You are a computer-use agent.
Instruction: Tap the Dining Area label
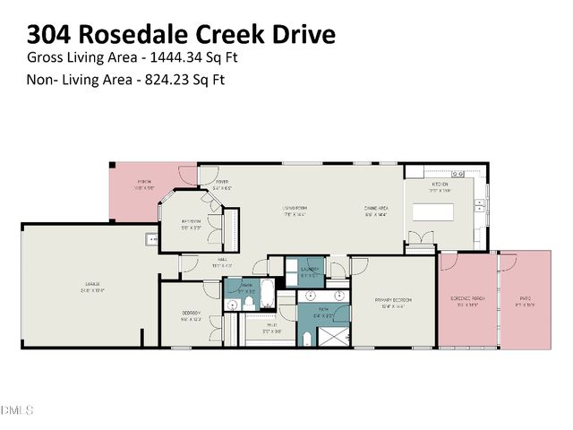376,208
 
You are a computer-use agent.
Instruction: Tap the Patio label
526,300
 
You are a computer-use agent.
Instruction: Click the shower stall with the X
332,337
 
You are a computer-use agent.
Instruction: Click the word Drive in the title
303,35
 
